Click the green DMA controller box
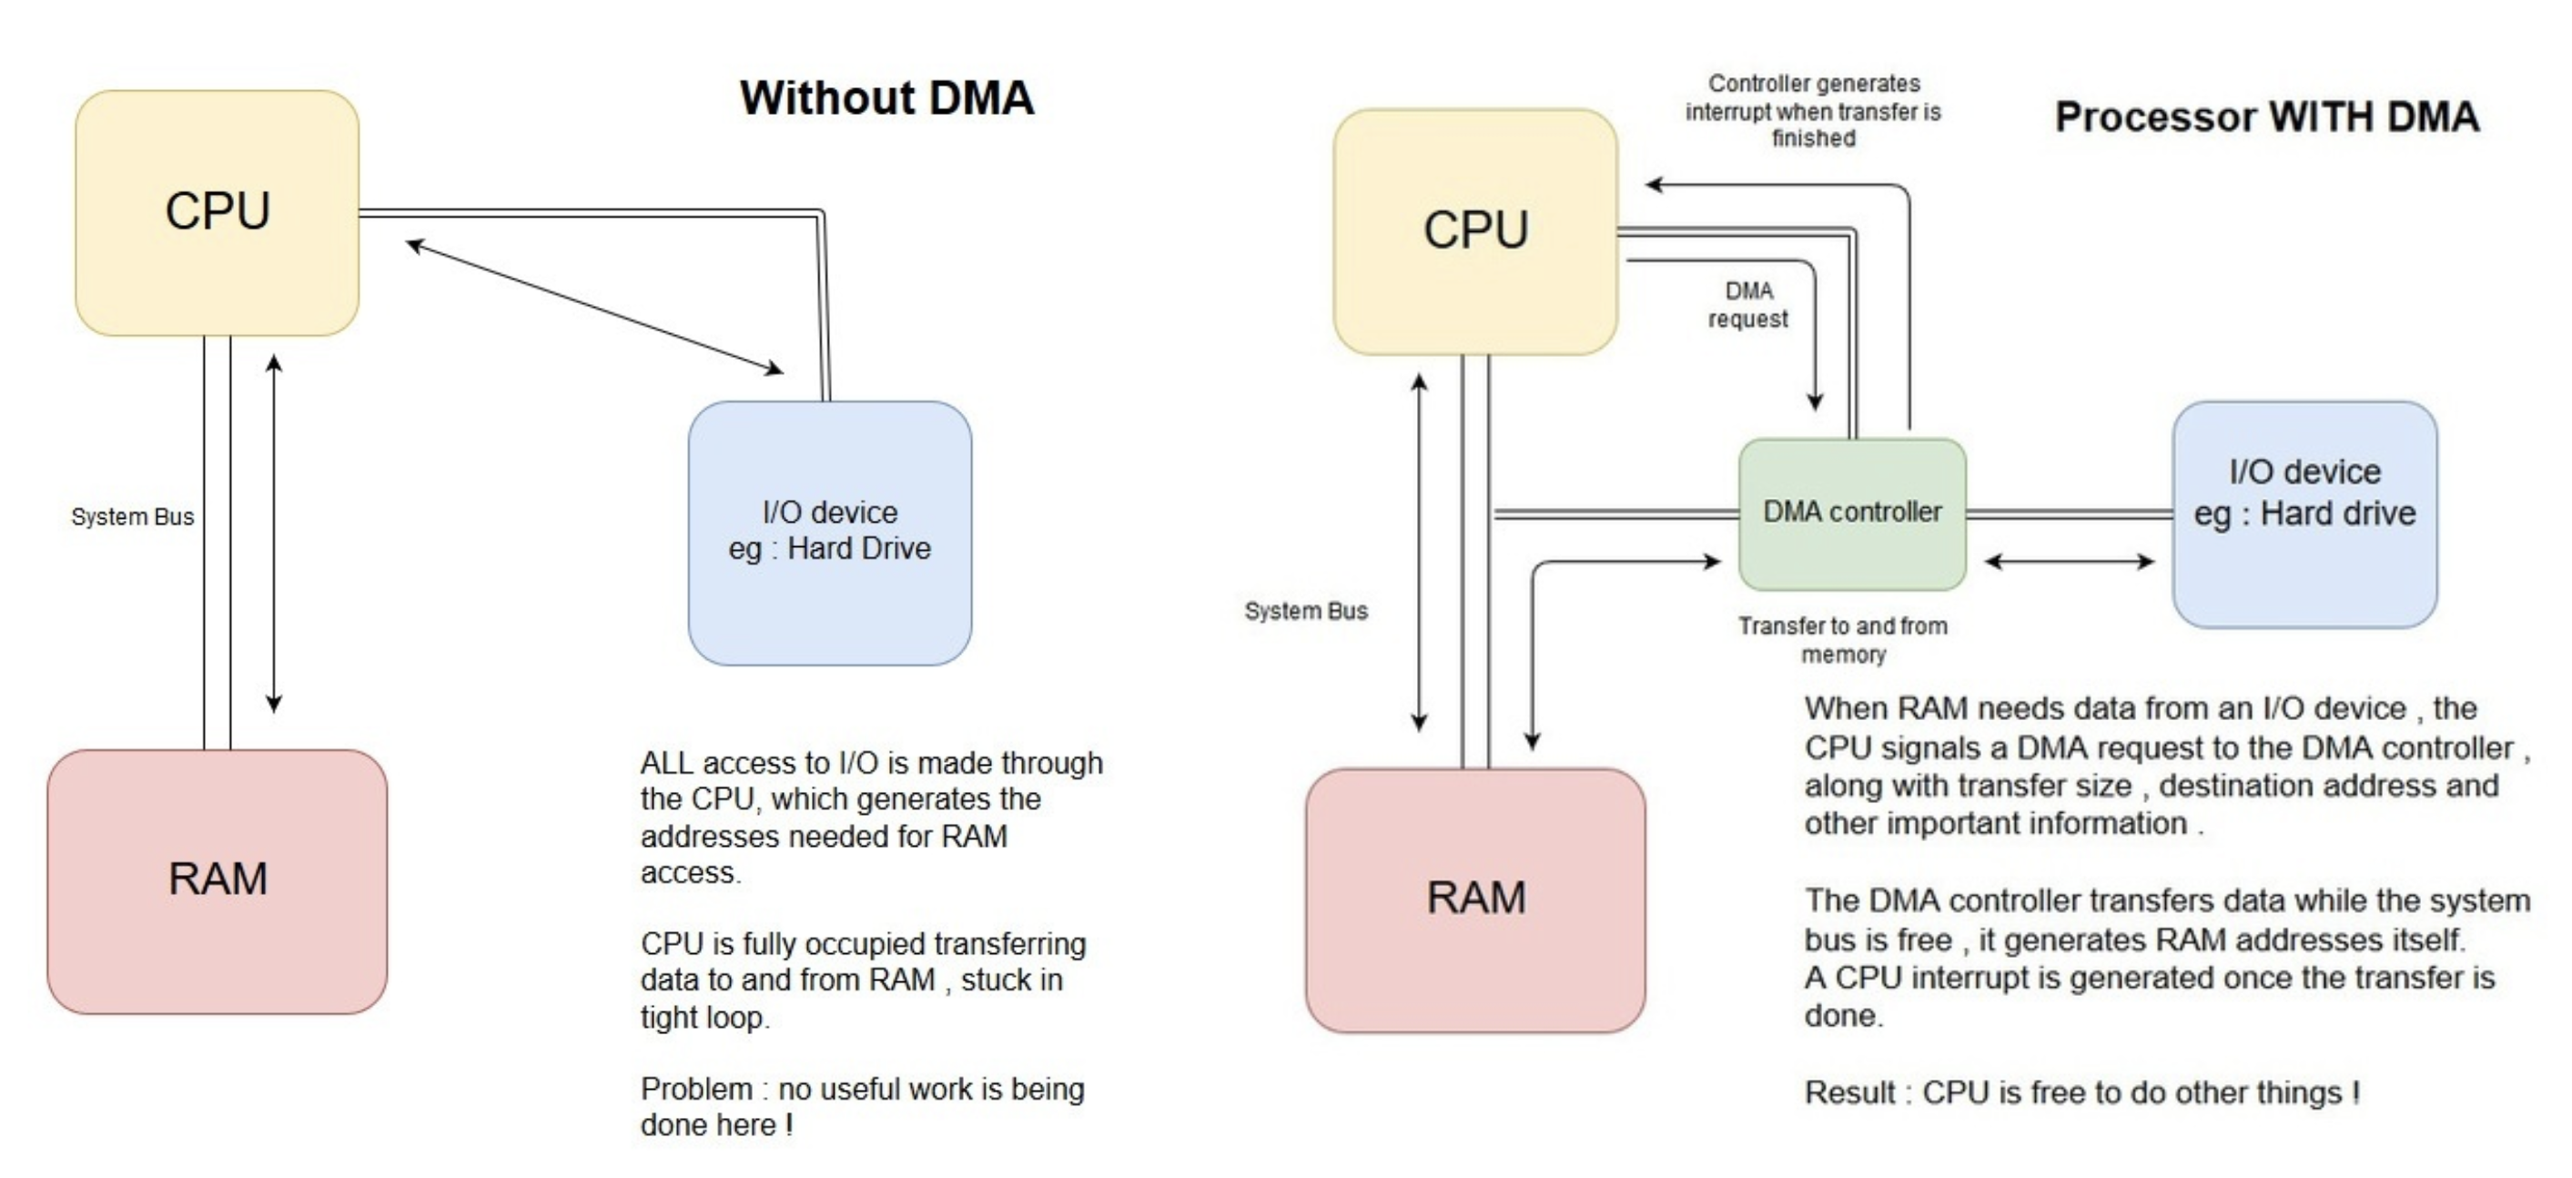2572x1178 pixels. point(1851,513)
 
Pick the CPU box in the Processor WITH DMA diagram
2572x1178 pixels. point(1474,230)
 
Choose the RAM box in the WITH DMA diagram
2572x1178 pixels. point(1474,899)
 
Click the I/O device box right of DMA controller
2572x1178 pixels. point(2304,513)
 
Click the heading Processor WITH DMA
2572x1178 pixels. point(2265,117)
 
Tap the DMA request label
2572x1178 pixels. point(1747,304)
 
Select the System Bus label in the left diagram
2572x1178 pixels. point(132,517)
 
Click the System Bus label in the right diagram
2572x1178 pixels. point(1305,611)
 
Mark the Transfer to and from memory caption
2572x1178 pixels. point(1842,640)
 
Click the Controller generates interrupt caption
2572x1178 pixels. point(1812,111)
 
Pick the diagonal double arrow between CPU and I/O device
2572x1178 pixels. point(595,308)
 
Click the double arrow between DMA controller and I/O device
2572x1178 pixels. point(2069,561)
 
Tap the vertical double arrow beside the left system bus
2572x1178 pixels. point(274,534)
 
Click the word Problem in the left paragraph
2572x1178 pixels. point(696,1089)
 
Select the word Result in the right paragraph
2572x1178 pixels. point(1849,1093)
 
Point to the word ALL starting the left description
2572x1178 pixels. point(666,764)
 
